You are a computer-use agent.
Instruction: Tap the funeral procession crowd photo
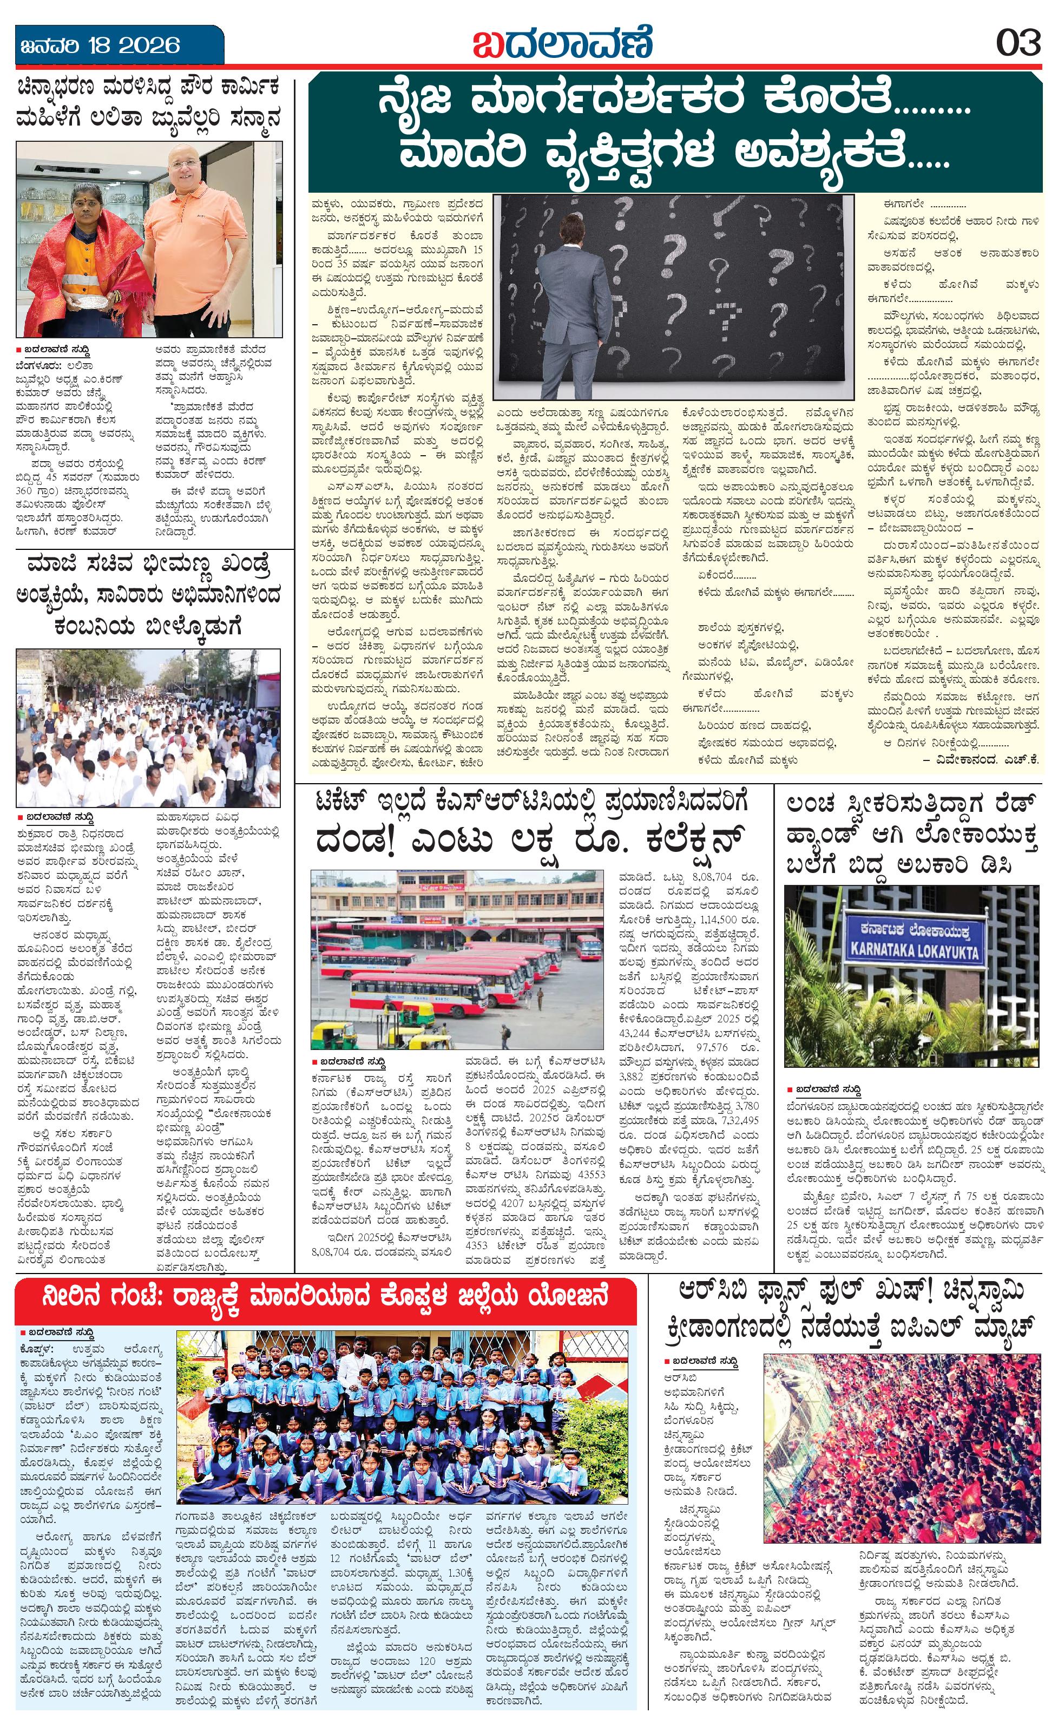tap(148, 728)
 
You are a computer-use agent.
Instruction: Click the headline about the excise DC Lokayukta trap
tap(910, 834)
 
